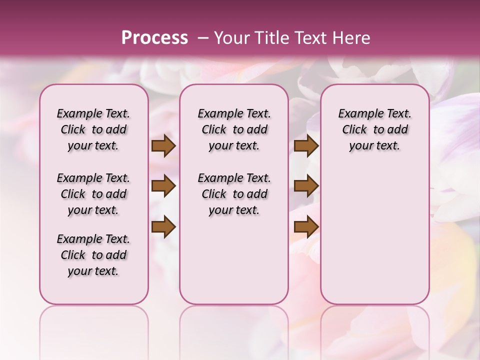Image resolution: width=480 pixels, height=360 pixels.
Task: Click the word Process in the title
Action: [x=154, y=37]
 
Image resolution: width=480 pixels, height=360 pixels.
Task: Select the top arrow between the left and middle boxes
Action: [x=163, y=146]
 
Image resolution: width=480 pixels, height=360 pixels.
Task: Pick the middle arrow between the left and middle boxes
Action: [x=163, y=186]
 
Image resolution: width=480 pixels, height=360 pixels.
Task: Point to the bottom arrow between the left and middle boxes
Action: [x=163, y=227]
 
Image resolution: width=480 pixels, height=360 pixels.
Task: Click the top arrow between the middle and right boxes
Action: [x=306, y=146]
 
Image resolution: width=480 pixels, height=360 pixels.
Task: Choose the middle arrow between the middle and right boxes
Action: [x=306, y=186]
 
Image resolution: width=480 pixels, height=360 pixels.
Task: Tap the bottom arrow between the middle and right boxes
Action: [x=306, y=227]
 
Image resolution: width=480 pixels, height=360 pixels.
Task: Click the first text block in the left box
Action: [x=93, y=129]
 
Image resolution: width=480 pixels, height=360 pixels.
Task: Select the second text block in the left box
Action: [x=93, y=194]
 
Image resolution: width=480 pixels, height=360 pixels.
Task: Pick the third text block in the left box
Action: [x=93, y=255]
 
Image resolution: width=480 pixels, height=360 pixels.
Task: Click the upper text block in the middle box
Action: [x=234, y=129]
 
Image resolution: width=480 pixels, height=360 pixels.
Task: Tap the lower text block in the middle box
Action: [x=234, y=194]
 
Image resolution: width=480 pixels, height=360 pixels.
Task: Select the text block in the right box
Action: [x=374, y=129]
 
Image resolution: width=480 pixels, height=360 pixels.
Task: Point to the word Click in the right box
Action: [x=354, y=130]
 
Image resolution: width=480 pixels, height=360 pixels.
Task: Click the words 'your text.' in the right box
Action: [x=374, y=146]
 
